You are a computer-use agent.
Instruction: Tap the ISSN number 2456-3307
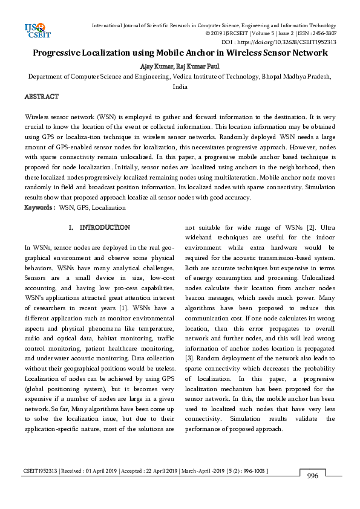(x=323, y=34)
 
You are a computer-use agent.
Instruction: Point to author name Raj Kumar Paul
(x=198, y=66)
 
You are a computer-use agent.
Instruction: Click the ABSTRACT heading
(x=41, y=97)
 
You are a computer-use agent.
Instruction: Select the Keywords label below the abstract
(x=39, y=207)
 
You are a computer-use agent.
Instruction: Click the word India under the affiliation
(x=180, y=86)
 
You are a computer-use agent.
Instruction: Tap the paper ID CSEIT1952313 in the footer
(x=42, y=470)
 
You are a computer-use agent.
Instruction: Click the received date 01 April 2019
(x=97, y=470)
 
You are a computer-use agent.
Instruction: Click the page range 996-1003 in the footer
(x=252, y=470)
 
